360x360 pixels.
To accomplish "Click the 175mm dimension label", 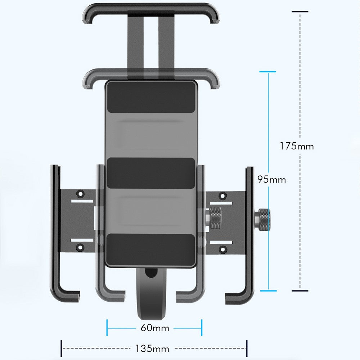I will click(297, 146).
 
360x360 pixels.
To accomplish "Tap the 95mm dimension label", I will click(271, 179).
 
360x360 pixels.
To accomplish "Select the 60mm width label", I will click(155, 328).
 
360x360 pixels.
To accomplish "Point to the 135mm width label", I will click(152, 348).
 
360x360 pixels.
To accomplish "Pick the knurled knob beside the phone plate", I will click(216, 218).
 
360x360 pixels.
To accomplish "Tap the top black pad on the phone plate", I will click(151, 97).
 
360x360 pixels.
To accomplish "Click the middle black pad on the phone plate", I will click(151, 173).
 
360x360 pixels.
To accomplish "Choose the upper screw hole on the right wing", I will click(223, 196).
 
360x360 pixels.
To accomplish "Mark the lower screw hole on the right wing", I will click(223, 248).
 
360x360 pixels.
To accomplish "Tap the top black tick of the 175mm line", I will click(300, 12).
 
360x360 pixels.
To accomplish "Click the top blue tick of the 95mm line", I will click(268, 72).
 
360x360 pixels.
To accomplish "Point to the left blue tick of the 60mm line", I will click(107, 328).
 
